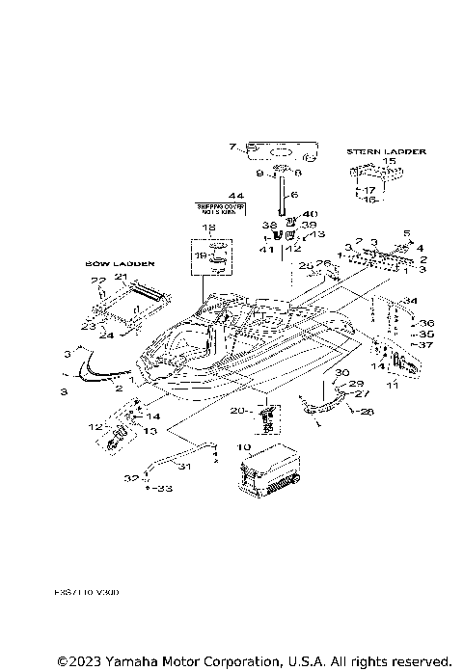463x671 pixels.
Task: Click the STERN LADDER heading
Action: (386, 151)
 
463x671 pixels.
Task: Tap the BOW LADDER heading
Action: (114, 261)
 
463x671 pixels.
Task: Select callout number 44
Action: (235, 196)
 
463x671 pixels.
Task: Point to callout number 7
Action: (231, 148)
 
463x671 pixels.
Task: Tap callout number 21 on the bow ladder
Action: (122, 278)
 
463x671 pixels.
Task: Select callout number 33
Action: (163, 489)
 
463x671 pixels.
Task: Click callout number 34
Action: (409, 300)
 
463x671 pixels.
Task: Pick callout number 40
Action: (311, 214)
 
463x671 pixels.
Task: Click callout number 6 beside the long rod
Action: (296, 195)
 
